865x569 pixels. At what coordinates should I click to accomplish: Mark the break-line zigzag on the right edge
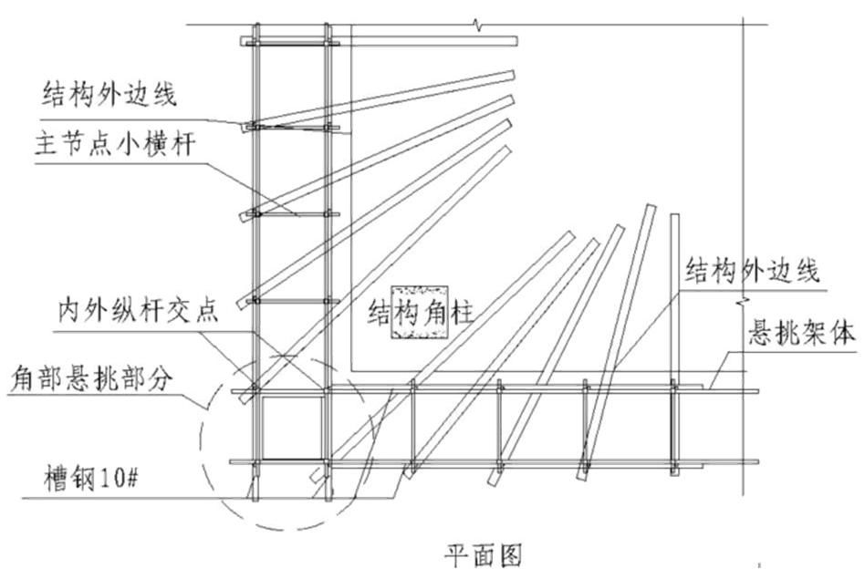(746, 296)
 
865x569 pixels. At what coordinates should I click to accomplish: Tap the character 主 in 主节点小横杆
(54, 144)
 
